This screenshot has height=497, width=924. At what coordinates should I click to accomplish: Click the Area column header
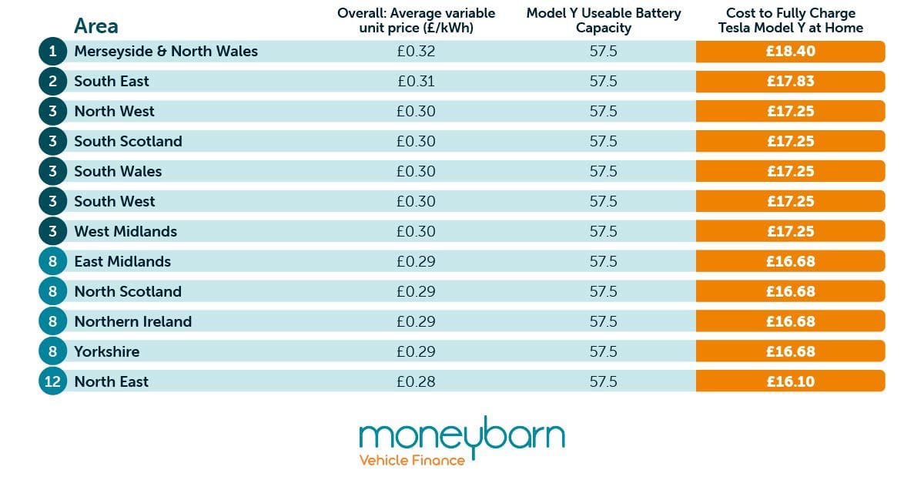[x=96, y=26]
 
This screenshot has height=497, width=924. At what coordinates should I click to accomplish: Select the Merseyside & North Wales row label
[x=166, y=52]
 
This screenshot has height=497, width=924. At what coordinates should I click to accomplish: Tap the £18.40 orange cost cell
[x=790, y=52]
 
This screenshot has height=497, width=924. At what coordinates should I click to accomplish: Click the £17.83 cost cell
[x=790, y=82]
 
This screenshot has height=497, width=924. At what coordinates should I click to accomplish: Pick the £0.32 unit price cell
[x=416, y=52]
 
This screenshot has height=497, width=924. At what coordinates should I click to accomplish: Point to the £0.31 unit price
[x=416, y=82]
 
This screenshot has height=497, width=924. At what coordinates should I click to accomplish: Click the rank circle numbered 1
[x=52, y=52]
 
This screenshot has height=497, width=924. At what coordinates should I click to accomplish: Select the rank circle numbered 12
[x=52, y=381]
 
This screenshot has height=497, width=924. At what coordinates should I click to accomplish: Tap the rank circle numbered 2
[x=52, y=82]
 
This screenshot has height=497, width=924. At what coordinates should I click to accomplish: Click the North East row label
[x=112, y=381]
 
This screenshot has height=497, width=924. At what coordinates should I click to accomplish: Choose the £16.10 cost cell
[x=790, y=381]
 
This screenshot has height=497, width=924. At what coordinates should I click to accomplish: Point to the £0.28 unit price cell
[x=416, y=381]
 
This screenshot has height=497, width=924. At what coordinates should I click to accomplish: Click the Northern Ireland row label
[x=132, y=321]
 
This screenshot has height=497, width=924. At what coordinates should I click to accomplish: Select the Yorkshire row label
[x=107, y=351]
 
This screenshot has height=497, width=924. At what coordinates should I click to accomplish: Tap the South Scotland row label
[x=128, y=141]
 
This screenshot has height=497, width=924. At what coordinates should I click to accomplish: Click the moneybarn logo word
[x=461, y=436]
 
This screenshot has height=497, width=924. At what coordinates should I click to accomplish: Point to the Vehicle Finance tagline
[x=412, y=461]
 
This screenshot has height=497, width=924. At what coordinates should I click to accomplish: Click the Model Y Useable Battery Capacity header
[x=604, y=21]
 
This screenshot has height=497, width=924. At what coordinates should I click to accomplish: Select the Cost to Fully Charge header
[x=790, y=21]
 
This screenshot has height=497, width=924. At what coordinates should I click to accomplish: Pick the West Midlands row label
[x=126, y=231]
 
